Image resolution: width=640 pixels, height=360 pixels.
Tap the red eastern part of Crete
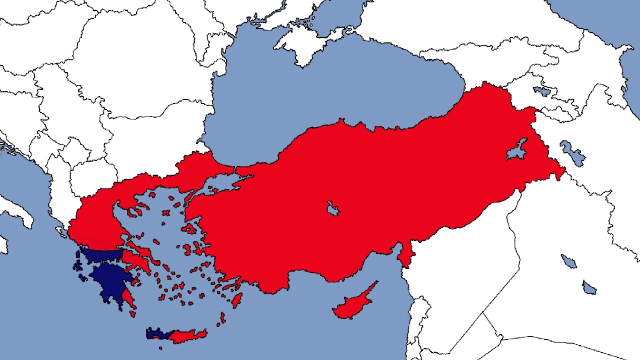pyautogui.click(x=190, y=335)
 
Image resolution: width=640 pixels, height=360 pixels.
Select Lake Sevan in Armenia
pyautogui.click(x=541, y=91)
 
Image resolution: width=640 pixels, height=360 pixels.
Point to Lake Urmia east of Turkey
pyautogui.click(x=572, y=152)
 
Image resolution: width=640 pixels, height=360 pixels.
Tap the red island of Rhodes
pyautogui.click(x=236, y=299)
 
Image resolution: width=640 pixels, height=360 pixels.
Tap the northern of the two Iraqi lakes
pyautogui.click(x=568, y=261)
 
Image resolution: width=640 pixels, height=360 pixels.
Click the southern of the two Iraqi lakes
pyautogui.click(x=589, y=287)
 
